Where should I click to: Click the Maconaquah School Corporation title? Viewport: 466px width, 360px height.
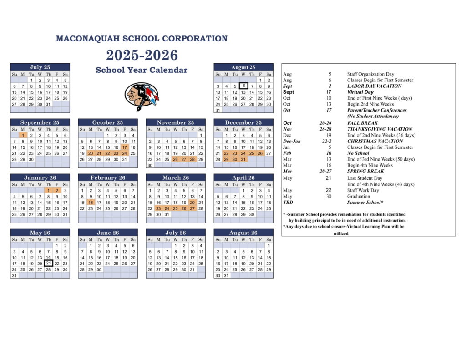(x=142, y=39)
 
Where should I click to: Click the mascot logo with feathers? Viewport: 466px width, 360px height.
(x=142, y=96)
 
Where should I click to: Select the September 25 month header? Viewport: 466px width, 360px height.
(x=40, y=122)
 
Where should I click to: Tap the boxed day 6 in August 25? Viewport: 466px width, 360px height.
(x=243, y=86)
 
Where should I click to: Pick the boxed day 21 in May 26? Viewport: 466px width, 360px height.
(x=49, y=263)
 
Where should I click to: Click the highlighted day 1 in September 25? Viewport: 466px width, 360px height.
(x=23, y=135)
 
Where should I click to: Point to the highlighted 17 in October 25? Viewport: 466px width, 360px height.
(x=124, y=147)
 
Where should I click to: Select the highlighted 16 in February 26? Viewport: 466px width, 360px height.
(x=91, y=203)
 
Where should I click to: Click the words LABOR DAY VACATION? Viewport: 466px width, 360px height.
(x=374, y=86)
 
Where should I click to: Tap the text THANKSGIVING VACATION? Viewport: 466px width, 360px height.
(x=380, y=129)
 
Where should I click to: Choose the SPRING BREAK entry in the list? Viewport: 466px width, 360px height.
(x=365, y=172)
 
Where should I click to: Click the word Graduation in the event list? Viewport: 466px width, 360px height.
(x=359, y=196)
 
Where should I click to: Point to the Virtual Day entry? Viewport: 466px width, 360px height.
(x=360, y=92)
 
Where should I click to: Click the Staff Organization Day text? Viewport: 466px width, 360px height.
(x=370, y=74)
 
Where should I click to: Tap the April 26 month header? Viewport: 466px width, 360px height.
(x=243, y=178)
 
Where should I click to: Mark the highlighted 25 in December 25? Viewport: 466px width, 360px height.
(x=252, y=153)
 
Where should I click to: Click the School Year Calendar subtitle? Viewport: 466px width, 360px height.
(x=142, y=70)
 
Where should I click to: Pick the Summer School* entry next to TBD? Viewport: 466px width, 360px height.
(x=365, y=203)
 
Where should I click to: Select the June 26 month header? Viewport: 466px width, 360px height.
(x=108, y=233)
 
